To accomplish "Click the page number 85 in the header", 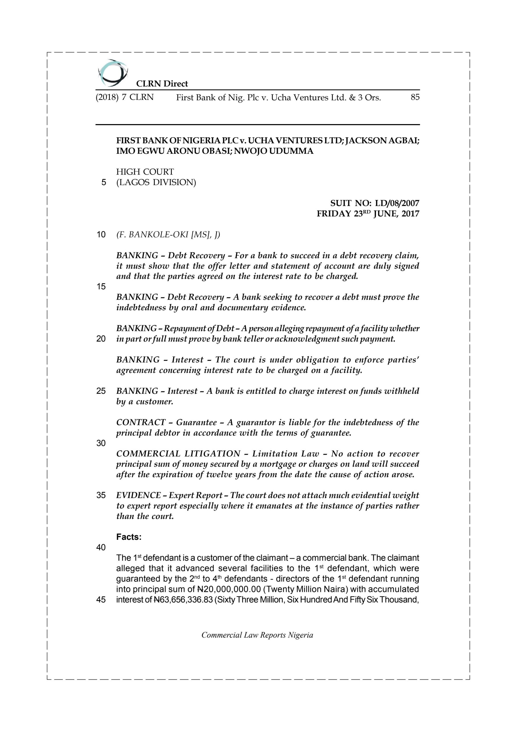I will click(x=415, y=97).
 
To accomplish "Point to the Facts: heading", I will click(x=129, y=537).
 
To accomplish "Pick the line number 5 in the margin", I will click(x=103, y=182).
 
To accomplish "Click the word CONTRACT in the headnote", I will click(x=141, y=422).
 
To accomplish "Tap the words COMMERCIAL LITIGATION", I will click(x=178, y=454).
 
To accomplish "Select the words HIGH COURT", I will click(x=145, y=172).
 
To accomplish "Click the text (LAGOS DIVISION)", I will click(x=156, y=182).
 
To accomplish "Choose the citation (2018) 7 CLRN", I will click(x=124, y=97).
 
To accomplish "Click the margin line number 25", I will click(x=101, y=391).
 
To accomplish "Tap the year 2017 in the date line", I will click(x=410, y=214).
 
